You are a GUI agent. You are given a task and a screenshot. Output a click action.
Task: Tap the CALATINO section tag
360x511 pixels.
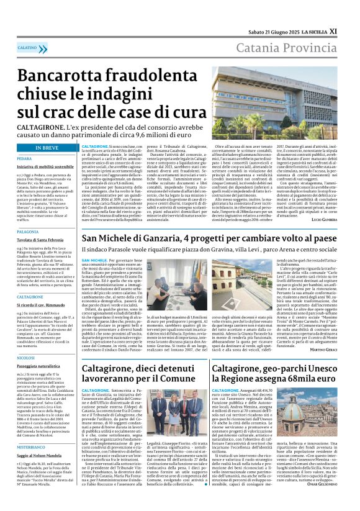(27, 47)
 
